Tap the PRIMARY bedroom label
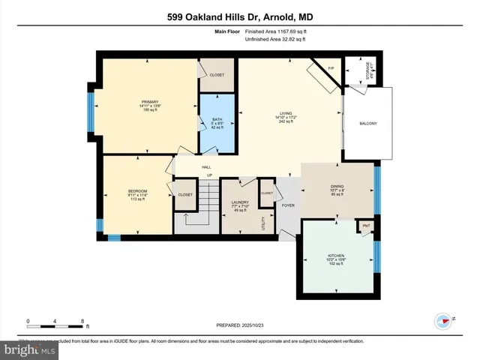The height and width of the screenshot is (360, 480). (x=151, y=101)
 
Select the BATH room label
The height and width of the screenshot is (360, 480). (x=217, y=119)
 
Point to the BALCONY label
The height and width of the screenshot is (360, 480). (x=368, y=123)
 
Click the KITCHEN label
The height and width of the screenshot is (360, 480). (x=336, y=256)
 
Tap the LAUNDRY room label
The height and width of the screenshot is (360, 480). (x=240, y=202)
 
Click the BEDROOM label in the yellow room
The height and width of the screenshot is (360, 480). (x=138, y=192)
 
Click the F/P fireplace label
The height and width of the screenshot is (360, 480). (x=331, y=69)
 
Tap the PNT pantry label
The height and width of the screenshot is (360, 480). (x=367, y=226)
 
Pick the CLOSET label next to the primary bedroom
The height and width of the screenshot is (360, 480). (x=217, y=75)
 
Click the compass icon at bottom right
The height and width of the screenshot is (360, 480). (x=444, y=320)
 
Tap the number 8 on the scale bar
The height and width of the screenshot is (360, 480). (x=81, y=320)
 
